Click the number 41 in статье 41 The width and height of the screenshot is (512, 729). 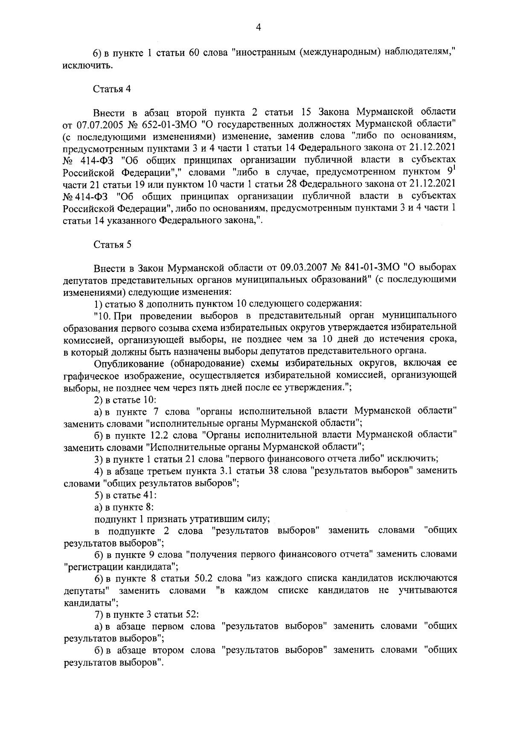pos(150,496)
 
